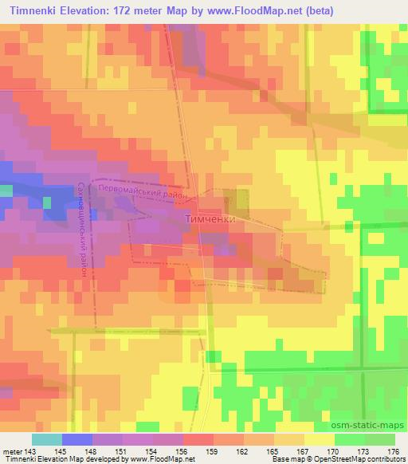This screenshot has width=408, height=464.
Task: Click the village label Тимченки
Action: coord(210,218)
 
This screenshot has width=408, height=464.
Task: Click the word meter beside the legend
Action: coord(11,451)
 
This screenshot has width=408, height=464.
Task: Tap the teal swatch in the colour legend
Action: coord(46,439)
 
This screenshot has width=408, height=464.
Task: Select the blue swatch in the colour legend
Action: coord(77,439)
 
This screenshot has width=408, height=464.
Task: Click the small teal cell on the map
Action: coord(6,191)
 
